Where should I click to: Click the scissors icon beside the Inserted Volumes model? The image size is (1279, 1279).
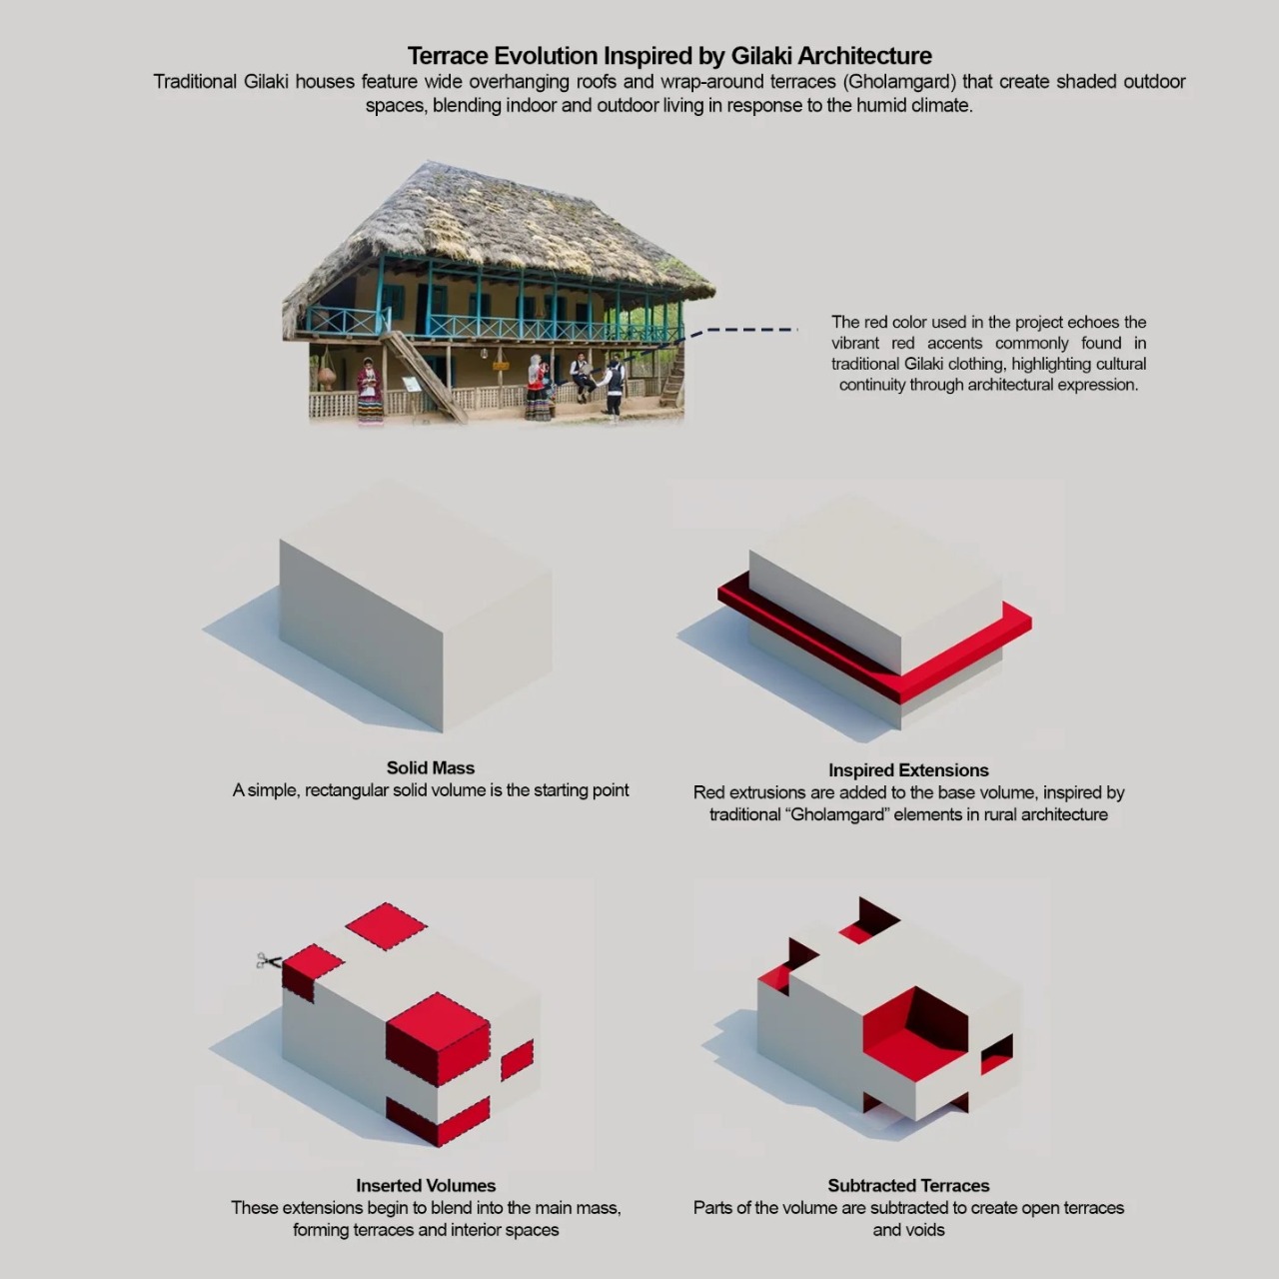point(269,960)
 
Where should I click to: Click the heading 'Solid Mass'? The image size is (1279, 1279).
point(431,768)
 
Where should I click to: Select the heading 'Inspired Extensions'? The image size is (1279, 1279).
point(908,770)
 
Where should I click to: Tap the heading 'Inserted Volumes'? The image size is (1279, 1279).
point(426,1185)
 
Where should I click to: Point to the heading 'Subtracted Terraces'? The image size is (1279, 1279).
point(908,1185)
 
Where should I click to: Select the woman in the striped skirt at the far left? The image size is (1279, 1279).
point(370,391)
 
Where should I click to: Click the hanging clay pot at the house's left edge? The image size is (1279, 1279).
point(326,376)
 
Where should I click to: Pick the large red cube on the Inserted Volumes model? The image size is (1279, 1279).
point(438,1039)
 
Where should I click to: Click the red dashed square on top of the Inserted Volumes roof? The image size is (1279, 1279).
point(387,926)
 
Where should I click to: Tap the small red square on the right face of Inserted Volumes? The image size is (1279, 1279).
point(517,1060)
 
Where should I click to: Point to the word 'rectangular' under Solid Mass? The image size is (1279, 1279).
point(345,790)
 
